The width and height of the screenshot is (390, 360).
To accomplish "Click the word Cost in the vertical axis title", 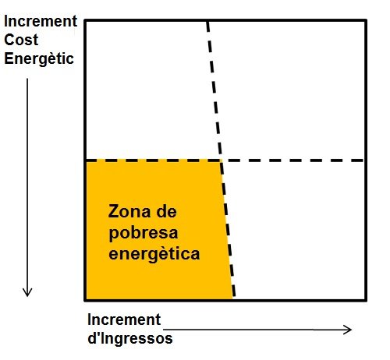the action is click(21, 40).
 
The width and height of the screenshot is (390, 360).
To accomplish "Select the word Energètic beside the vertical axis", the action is click(39, 58).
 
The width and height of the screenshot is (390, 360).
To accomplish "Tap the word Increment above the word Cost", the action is click(41, 21).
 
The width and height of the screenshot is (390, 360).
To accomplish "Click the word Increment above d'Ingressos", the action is click(124, 319).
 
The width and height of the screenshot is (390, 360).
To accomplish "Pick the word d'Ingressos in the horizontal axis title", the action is click(130, 338).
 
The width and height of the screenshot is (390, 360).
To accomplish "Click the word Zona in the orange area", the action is click(129, 211).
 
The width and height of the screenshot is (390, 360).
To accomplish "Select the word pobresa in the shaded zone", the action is click(144, 234).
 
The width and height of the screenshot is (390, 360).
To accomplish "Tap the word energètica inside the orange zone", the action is click(154, 254).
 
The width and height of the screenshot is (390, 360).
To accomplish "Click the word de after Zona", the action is click(166, 211).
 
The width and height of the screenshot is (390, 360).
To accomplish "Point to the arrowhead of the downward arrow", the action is click(27, 295).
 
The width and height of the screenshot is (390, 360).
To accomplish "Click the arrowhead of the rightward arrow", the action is click(351, 330).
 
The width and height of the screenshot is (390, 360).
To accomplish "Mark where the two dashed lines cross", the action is click(221, 161).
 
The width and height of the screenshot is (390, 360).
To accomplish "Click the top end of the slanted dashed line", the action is click(207, 22).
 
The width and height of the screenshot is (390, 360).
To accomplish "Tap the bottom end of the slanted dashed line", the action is click(234, 297).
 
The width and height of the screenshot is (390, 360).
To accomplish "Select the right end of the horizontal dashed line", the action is click(363, 161).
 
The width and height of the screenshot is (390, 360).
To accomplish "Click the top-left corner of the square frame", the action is click(85, 20).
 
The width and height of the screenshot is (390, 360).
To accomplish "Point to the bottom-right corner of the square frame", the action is click(366, 300).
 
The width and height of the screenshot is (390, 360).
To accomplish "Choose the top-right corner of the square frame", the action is click(366, 20).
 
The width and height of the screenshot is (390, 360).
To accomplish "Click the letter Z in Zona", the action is click(113, 211).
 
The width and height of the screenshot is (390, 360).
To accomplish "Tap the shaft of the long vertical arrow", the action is click(27, 187).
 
